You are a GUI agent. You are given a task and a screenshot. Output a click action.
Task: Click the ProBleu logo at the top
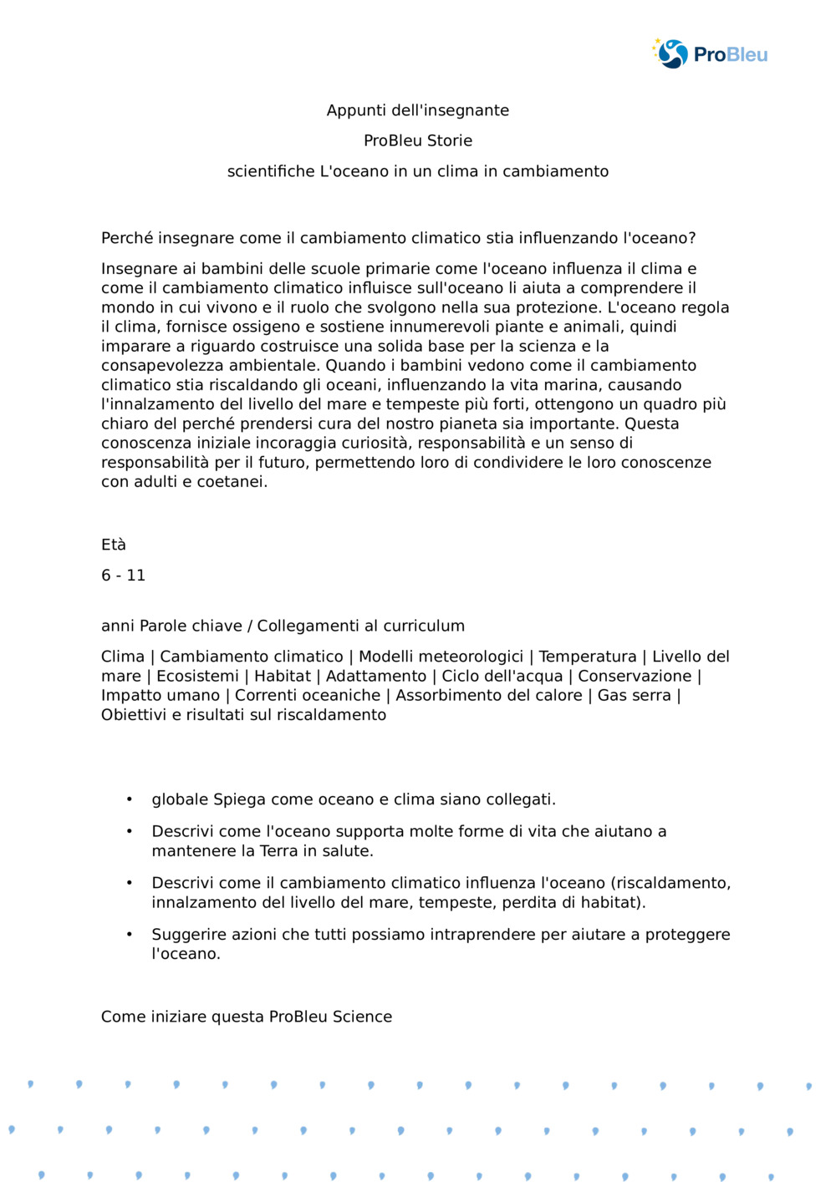pos(710,54)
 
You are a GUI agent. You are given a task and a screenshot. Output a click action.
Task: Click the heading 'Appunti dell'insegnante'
pos(418,110)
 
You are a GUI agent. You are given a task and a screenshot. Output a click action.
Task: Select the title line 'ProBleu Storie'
pos(418,140)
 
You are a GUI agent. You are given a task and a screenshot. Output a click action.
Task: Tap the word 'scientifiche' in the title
pos(271,171)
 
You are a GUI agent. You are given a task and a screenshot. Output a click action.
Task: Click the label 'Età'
pos(114,545)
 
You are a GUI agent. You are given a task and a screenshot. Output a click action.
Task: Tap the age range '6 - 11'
pos(123,575)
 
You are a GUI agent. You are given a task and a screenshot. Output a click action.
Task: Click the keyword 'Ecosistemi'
pos(198,676)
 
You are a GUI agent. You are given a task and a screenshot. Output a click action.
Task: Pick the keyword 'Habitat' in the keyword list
pos(283,676)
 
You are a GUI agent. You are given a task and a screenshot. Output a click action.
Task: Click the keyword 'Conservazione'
pos(635,676)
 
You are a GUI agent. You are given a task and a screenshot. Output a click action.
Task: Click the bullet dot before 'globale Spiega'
pos(130,799)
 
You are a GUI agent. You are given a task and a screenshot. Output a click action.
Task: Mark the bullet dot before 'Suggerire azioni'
pos(130,934)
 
